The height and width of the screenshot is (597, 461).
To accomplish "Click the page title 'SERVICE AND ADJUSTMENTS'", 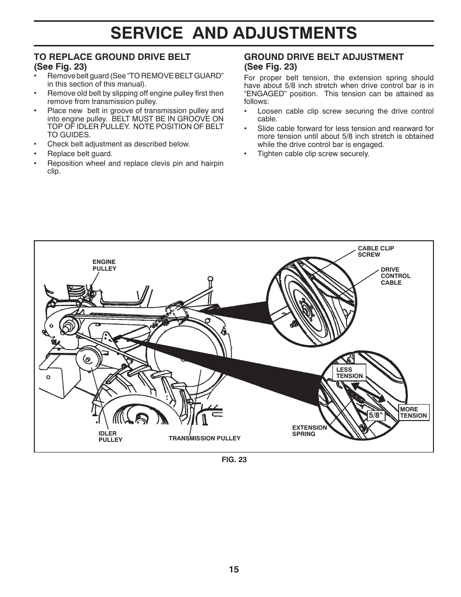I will click(x=233, y=33).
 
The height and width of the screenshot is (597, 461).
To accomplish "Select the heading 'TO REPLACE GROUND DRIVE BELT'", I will click(x=112, y=57).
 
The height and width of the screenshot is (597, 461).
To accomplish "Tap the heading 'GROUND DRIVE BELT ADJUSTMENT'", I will click(x=324, y=57).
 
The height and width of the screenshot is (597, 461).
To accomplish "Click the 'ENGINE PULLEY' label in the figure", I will click(x=104, y=265).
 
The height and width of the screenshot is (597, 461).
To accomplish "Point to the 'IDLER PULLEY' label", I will click(x=110, y=437).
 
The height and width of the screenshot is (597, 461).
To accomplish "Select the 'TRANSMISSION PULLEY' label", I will click(x=204, y=438).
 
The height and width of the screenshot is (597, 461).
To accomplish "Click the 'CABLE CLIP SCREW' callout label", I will click(x=375, y=251).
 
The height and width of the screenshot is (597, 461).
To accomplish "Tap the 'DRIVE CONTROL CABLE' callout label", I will click(x=395, y=276).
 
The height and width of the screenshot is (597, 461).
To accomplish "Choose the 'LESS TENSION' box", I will click(x=349, y=373).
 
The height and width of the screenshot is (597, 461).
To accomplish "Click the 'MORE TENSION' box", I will click(x=413, y=412).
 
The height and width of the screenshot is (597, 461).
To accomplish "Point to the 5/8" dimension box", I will click(x=375, y=415).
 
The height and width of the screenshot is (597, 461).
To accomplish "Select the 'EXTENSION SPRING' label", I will click(x=309, y=431).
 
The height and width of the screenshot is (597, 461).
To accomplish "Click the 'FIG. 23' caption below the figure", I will click(x=234, y=460).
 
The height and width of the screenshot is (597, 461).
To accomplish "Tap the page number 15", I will click(x=234, y=569).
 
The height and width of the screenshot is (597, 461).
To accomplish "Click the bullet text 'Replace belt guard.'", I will click(x=80, y=154).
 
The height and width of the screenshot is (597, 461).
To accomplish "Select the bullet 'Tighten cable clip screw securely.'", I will click(x=313, y=154).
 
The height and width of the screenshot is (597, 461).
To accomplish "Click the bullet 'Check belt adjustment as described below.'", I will click(x=118, y=144).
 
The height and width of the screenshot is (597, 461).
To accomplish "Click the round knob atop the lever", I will click(x=210, y=279).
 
